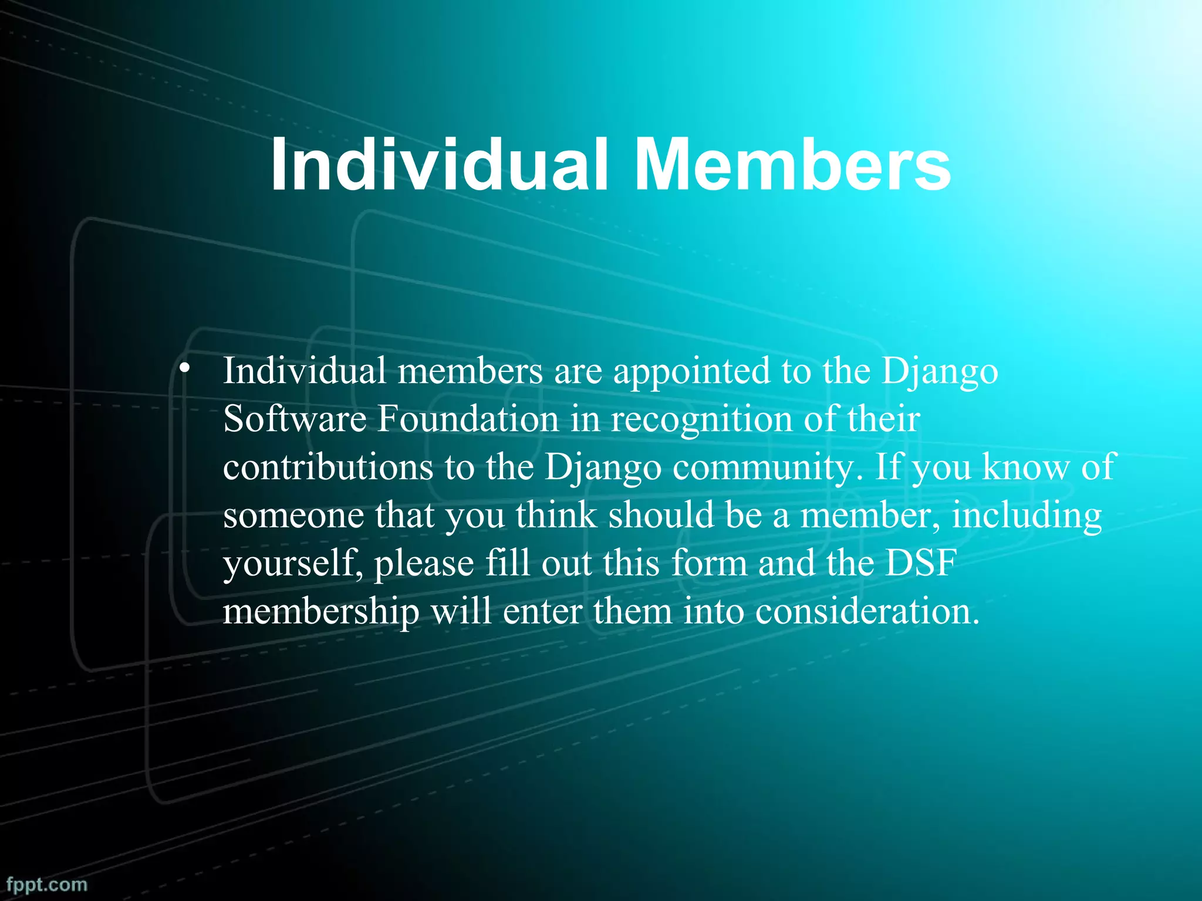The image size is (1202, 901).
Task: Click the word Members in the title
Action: point(792,165)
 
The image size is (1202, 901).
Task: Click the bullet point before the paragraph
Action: point(185,369)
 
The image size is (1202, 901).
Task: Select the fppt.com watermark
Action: point(47,884)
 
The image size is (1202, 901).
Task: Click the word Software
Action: point(294,419)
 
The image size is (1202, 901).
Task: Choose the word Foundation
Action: point(468,419)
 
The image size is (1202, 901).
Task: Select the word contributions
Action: point(328,468)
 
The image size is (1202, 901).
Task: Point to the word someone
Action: point(293,516)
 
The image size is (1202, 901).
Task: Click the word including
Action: point(1027,516)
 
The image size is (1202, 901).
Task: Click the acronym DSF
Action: point(921,563)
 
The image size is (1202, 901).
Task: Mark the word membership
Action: point(321,612)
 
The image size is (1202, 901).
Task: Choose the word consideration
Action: point(867,612)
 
